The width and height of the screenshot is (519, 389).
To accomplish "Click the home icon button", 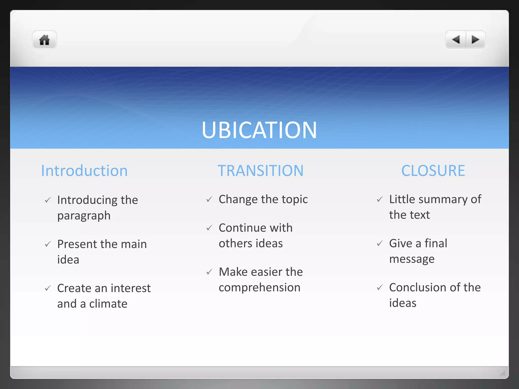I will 44,40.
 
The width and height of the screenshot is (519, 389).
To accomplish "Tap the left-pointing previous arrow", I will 456,40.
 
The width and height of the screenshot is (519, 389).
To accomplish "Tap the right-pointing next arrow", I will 475,40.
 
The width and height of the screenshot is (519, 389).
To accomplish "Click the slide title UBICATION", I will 259,130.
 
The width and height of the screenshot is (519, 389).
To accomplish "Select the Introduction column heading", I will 84,171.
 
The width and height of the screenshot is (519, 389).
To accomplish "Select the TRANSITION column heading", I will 261,171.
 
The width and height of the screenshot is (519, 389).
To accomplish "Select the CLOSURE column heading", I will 433,171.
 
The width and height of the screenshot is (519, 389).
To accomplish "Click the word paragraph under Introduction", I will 84,216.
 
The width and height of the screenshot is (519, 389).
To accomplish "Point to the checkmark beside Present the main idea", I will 48,244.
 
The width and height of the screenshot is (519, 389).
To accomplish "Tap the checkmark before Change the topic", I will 209,199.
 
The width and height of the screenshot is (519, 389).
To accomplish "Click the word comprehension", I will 259,288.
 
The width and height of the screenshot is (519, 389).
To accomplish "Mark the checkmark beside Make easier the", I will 209,272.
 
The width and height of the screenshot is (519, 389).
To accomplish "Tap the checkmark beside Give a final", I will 380,243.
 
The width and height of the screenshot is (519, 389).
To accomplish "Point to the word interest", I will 131,288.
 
